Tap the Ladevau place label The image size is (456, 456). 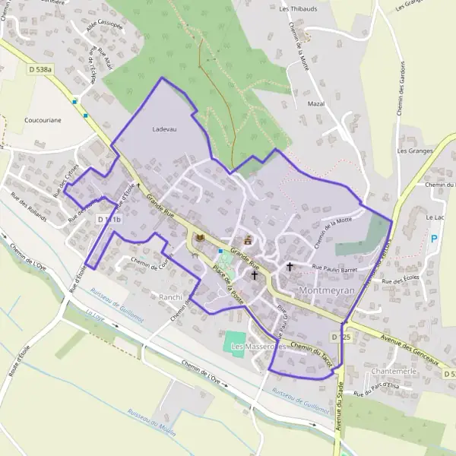point(164,129)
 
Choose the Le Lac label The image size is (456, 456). point(435,217)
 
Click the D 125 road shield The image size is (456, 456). point(340,335)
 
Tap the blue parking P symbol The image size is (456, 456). point(435,239)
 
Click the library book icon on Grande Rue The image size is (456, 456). point(200,238)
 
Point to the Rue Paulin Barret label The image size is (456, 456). point(334,269)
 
